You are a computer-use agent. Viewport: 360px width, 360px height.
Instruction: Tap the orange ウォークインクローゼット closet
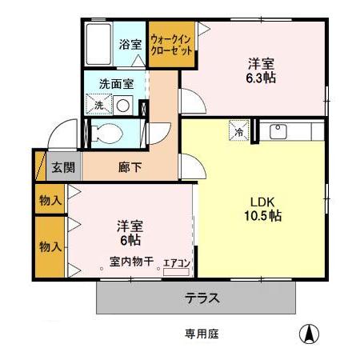click(171, 43)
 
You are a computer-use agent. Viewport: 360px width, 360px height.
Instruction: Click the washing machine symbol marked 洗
click(99, 104)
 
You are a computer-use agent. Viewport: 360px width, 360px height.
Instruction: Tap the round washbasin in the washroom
click(122, 104)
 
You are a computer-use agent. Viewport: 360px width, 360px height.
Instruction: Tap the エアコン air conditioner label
click(175, 262)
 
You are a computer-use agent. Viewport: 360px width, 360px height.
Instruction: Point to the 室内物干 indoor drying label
click(132, 261)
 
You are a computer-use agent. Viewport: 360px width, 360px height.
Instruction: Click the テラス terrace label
click(202, 298)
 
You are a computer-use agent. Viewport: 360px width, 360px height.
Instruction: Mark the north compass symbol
click(306, 333)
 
